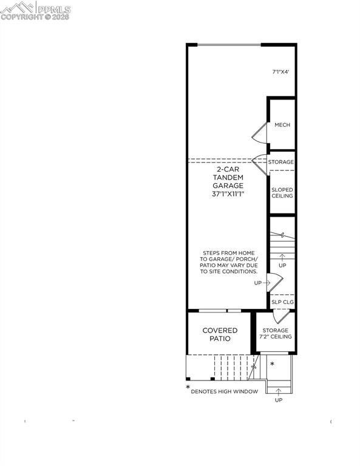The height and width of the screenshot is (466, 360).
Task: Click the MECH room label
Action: (282, 125)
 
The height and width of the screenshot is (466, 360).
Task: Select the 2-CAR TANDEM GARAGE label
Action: (228, 177)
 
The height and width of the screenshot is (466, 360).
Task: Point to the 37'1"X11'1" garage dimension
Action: (228, 194)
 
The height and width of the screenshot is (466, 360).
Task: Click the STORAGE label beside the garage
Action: (281, 162)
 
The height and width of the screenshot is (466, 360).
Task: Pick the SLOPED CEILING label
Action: (282, 192)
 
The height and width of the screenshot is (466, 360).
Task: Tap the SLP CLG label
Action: (282, 302)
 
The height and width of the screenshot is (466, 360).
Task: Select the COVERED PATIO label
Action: (220, 334)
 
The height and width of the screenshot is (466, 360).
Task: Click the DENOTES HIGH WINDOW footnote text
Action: (225, 391)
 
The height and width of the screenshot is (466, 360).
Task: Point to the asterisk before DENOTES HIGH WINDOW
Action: (188, 388)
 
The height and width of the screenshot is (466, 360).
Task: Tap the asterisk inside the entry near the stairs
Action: (272, 365)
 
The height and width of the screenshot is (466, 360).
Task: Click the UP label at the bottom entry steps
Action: (279, 400)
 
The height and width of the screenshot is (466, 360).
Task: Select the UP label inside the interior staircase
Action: (282, 266)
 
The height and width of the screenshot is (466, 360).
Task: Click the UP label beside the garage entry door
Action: (257, 283)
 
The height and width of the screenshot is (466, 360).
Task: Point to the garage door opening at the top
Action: (224, 44)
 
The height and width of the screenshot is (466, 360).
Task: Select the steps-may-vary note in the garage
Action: (229, 262)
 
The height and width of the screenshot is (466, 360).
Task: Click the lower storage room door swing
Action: (280, 316)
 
